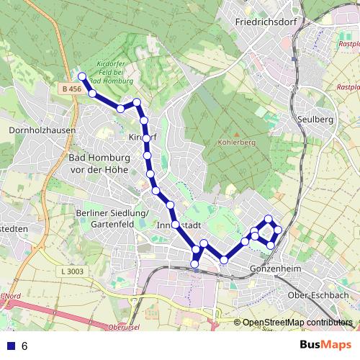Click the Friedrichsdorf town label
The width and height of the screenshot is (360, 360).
click(x=266, y=22)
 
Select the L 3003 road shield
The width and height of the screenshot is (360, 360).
click(x=73, y=271)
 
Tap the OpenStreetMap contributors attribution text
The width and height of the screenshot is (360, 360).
click(x=298, y=323)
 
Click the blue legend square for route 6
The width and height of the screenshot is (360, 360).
click(x=9, y=346)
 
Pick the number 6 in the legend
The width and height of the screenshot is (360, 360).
click(x=24, y=346)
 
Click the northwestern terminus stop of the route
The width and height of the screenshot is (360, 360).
click(x=82, y=76)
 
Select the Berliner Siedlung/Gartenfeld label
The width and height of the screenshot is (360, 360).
click(x=111, y=218)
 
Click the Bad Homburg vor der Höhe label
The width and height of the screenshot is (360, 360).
click(x=97, y=163)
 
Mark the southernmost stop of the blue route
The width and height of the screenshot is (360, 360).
click(x=194, y=264)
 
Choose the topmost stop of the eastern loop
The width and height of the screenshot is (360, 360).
click(x=269, y=219)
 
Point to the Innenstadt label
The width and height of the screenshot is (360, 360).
click(x=178, y=225)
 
